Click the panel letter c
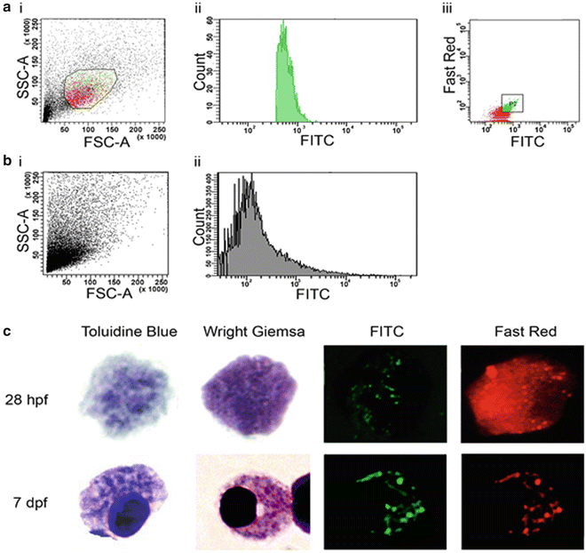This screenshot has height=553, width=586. coord(8,332)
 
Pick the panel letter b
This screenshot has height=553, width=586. coord(8,164)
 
